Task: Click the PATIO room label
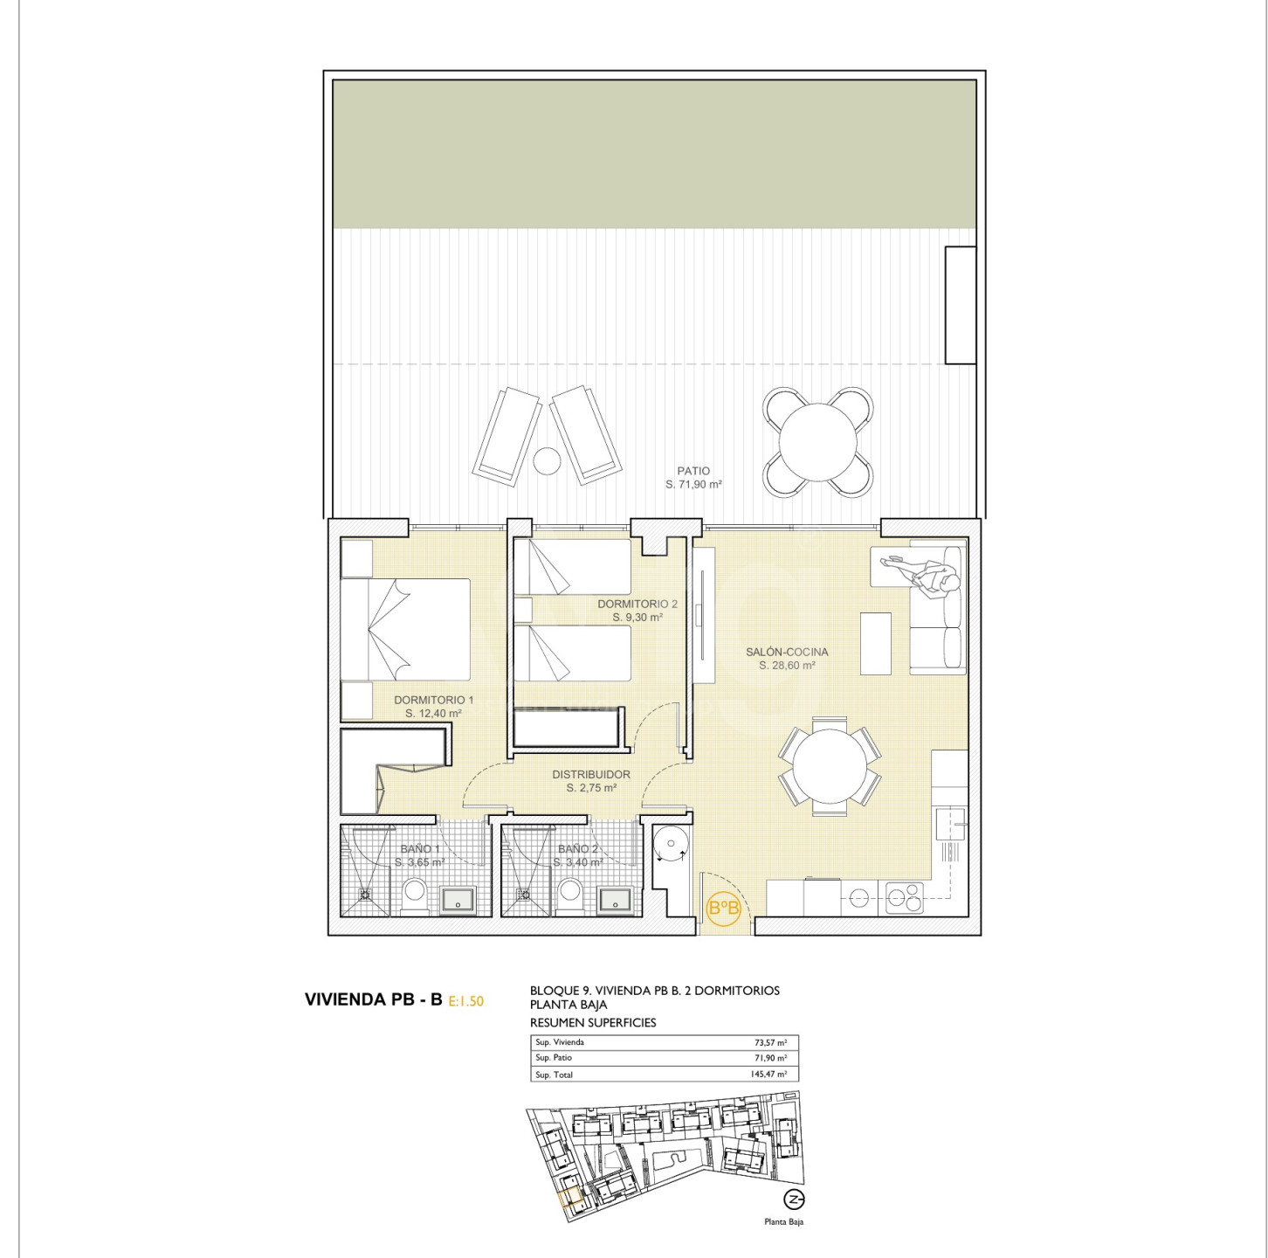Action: (x=693, y=471)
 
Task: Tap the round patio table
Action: (x=818, y=442)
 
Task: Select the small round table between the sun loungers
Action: (x=546, y=460)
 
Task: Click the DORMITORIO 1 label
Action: (x=434, y=701)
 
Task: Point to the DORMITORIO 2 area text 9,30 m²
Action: (x=637, y=618)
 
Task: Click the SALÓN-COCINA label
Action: (x=787, y=652)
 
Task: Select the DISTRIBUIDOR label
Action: (x=591, y=775)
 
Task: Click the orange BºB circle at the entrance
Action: (x=723, y=909)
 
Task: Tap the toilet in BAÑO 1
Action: (x=416, y=896)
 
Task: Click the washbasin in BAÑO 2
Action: (x=617, y=899)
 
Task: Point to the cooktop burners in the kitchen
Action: (x=906, y=898)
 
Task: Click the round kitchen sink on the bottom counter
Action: (x=858, y=896)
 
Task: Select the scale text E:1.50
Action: (x=465, y=1001)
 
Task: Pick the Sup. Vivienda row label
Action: (x=559, y=1042)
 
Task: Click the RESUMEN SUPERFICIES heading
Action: (x=593, y=1022)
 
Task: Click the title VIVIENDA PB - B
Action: (x=373, y=999)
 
